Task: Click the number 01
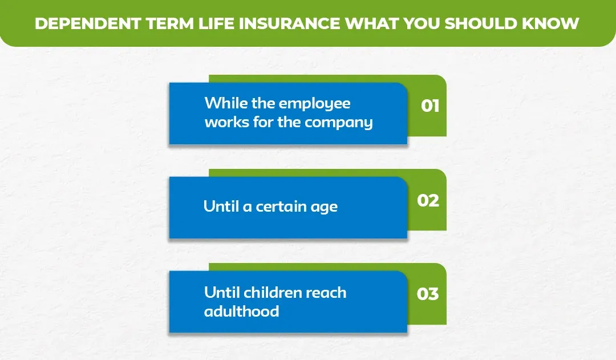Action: [430, 106]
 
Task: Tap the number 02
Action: [428, 201]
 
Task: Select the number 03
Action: [428, 294]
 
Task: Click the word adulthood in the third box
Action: [242, 312]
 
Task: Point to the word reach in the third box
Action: [326, 293]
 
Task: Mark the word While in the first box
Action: [222, 103]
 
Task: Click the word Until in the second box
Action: [221, 207]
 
